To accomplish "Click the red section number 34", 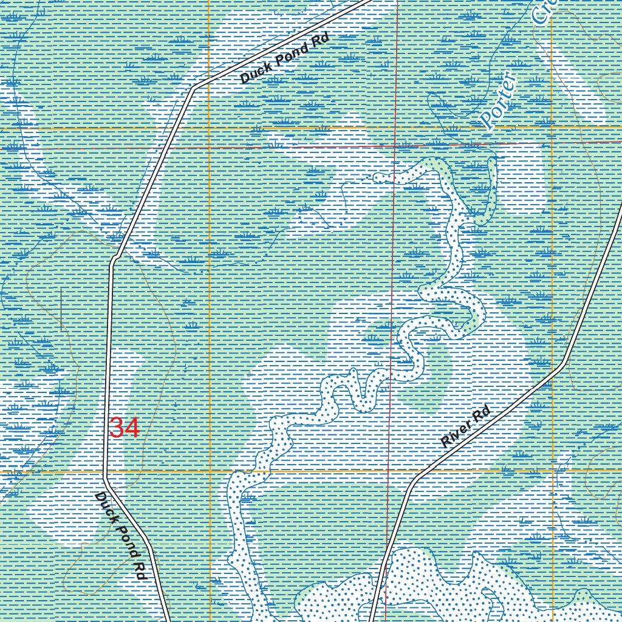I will click(125, 428).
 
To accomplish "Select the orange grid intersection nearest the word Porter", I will click(552, 127).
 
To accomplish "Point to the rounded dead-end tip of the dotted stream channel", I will click(378, 178).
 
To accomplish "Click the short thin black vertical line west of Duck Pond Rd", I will click(61, 307).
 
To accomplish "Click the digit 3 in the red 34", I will click(117, 428).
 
